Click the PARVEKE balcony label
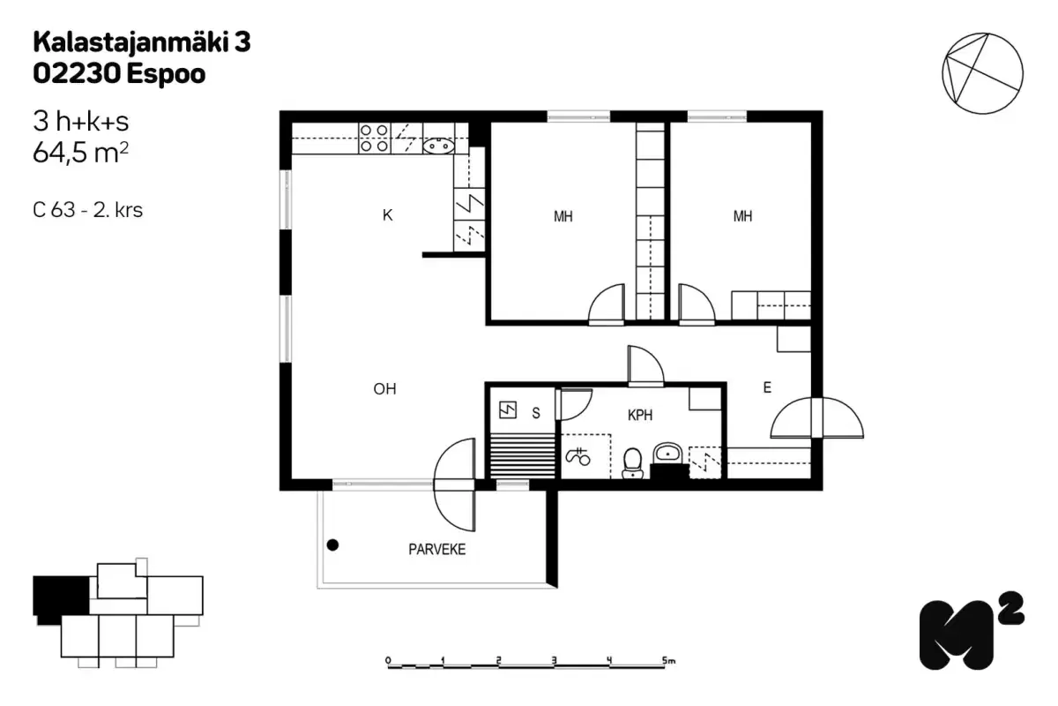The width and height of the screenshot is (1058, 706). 436,550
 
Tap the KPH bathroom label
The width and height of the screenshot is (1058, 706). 640,416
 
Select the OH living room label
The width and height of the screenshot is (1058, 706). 384,388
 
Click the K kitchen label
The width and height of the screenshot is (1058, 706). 387,215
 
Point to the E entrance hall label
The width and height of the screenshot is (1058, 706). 767,387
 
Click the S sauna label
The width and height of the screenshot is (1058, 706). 535,411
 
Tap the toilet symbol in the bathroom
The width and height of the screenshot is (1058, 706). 631,462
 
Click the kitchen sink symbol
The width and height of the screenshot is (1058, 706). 438,146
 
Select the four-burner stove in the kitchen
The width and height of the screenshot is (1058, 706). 374,139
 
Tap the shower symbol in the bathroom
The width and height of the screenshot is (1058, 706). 577,456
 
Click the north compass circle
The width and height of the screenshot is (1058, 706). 982,73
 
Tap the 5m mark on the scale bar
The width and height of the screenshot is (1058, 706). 667,660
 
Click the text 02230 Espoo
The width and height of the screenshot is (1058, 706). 119,74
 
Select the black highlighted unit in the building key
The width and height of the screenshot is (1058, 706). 60,596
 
